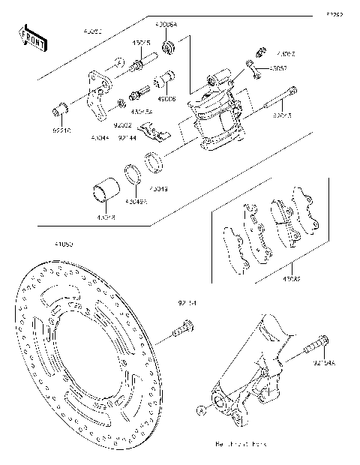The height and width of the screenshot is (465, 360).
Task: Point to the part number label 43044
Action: tap(100, 138)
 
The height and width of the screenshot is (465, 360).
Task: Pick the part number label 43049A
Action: tap(136, 202)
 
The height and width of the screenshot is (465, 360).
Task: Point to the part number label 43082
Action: tap(290, 280)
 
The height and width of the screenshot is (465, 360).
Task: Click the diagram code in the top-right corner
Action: tap(335, 13)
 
